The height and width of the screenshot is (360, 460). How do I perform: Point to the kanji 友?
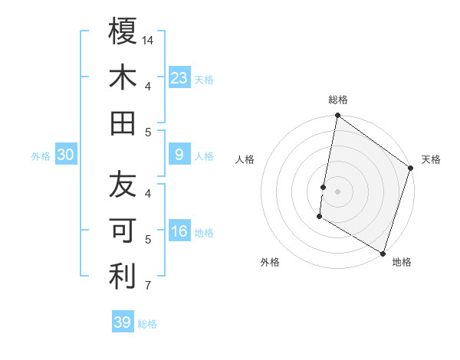[123, 185]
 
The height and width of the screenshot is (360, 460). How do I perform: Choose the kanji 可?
[123, 231]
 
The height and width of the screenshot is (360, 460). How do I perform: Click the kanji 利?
[123, 277]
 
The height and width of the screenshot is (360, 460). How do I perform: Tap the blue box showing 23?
[179, 77]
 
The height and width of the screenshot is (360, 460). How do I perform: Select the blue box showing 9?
[179, 155]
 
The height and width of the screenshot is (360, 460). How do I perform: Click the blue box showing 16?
[179, 231]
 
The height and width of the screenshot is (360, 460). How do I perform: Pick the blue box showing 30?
[66, 155]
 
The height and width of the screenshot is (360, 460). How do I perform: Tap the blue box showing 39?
[123, 322]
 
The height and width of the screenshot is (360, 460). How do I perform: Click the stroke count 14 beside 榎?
[149, 39]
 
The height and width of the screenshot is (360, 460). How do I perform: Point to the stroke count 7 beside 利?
[149, 286]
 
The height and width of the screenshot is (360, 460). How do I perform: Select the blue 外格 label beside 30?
[41, 156]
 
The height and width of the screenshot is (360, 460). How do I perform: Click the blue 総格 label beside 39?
[147, 324]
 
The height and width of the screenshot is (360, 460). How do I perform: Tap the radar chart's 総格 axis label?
[338, 100]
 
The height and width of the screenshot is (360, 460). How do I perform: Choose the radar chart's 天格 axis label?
[431, 159]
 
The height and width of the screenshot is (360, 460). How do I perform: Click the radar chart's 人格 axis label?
[245, 159]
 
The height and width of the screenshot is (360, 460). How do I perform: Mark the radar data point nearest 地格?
[382, 253]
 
